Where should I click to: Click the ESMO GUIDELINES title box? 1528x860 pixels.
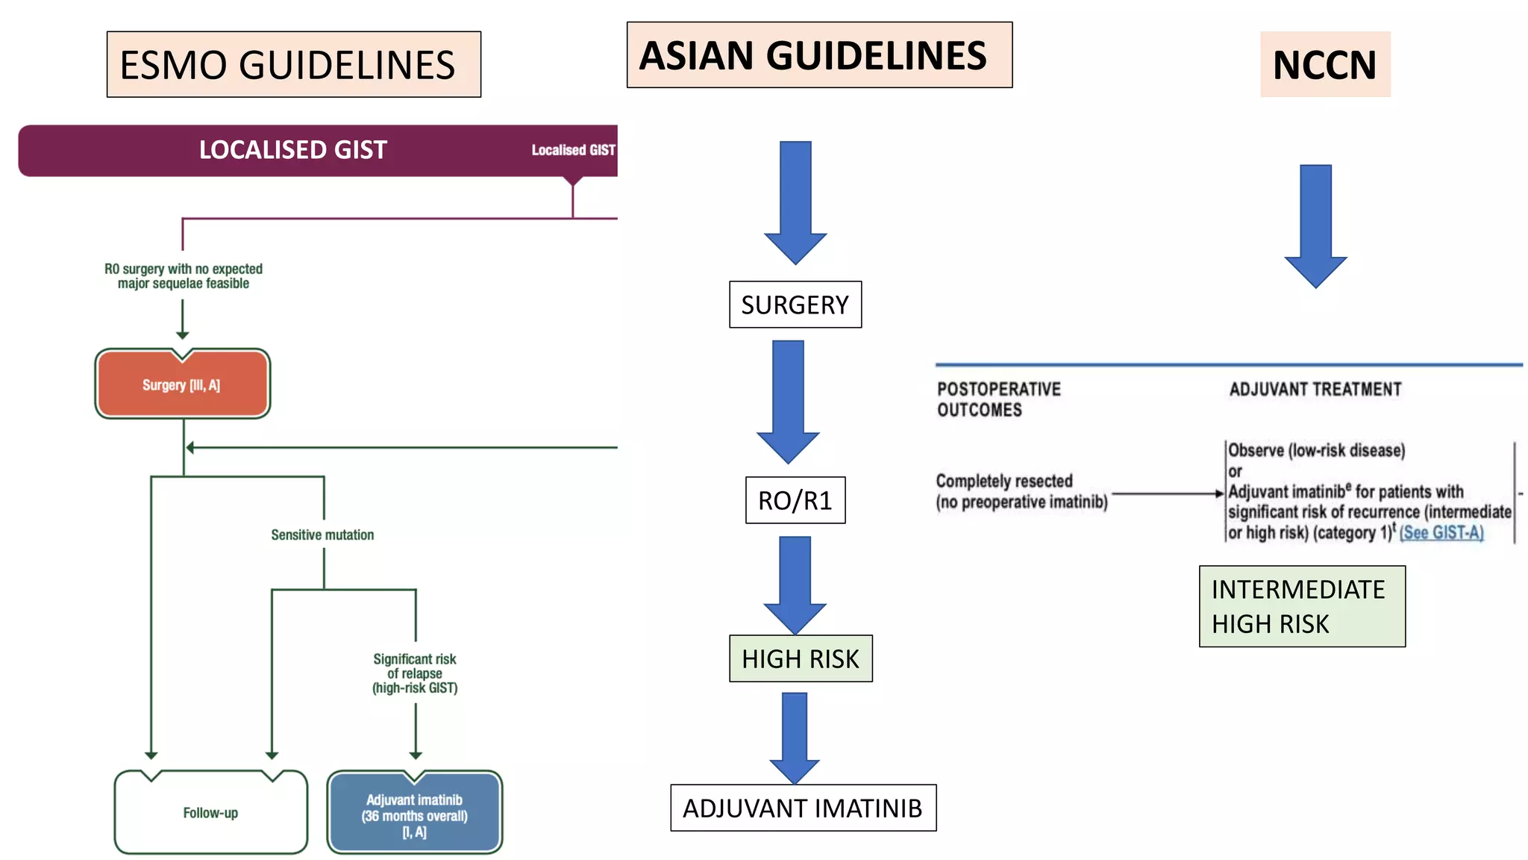293,64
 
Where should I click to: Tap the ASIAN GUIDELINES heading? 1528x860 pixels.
818,55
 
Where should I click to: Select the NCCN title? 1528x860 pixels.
1324,64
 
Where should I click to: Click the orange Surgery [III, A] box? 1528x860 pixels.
182,384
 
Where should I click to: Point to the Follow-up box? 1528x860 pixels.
210,812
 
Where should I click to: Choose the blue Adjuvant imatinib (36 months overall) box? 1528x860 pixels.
414,814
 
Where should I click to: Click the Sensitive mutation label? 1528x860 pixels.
322,535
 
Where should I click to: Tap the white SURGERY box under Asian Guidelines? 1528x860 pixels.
795,305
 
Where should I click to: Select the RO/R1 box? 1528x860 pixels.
795,500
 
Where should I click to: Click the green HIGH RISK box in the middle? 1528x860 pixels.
800,658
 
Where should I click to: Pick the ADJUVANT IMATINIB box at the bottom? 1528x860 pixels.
803,808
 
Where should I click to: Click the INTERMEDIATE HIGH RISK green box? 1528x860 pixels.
1301,606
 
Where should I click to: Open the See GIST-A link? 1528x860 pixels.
1441,533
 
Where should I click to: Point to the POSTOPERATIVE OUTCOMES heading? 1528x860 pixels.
998,399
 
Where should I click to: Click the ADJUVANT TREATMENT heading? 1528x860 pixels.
1315,389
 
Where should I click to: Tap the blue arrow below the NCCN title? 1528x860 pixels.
1315,224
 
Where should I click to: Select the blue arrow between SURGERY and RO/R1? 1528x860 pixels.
788,399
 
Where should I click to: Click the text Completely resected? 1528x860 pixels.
1003,481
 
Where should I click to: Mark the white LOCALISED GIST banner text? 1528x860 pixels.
292,150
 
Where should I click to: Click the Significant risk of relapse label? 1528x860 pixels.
414,673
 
